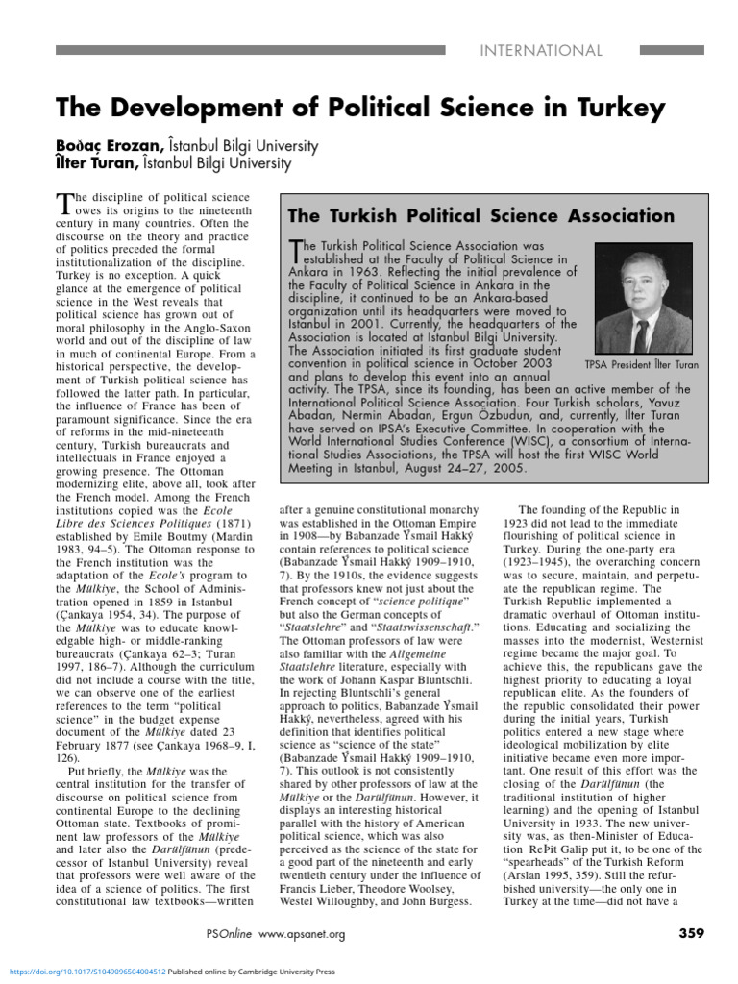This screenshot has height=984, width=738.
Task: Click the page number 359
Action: point(692,932)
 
